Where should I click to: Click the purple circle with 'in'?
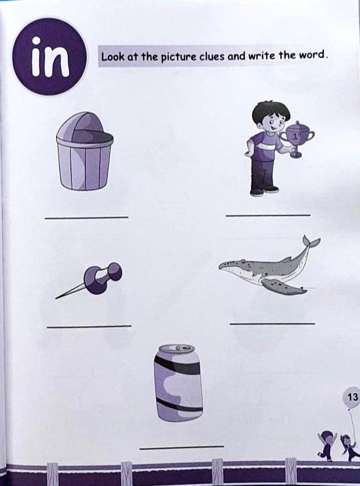(x=49, y=56)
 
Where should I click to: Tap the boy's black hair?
(x=271, y=111)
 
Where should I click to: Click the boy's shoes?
(x=264, y=191)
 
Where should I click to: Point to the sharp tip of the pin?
(x=56, y=298)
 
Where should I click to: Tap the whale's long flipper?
(x=283, y=286)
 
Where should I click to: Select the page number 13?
(x=353, y=397)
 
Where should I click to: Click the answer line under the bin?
(x=87, y=217)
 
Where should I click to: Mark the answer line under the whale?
(x=272, y=324)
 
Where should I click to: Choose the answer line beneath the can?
(x=182, y=447)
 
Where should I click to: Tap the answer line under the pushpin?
(x=89, y=326)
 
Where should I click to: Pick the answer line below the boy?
(x=268, y=215)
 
